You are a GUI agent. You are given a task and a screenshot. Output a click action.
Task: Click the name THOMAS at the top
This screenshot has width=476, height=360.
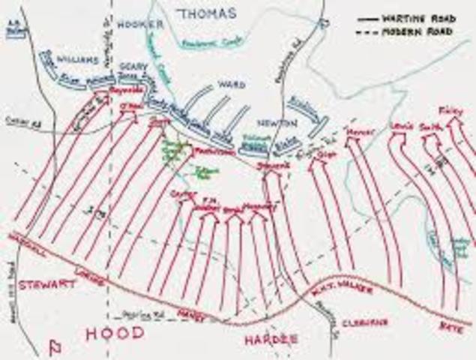(207, 13)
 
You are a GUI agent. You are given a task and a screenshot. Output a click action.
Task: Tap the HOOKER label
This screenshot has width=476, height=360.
(139, 24)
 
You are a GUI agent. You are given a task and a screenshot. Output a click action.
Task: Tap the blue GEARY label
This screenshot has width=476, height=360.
(133, 66)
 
